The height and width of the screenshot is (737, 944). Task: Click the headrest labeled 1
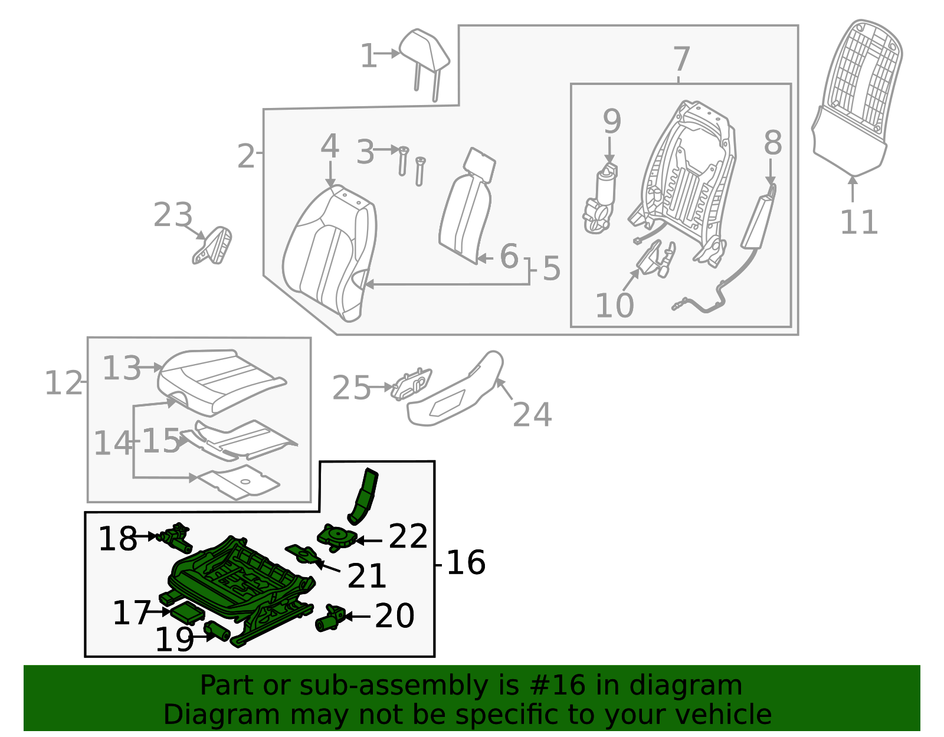pos(424,50)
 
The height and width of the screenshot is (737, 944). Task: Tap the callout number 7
pos(681,60)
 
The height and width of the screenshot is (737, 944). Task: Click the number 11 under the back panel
pos(858,223)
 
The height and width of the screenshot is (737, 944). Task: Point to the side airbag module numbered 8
pos(758,218)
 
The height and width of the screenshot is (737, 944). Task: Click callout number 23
pos(173,215)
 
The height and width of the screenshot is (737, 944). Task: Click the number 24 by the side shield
pos(532,415)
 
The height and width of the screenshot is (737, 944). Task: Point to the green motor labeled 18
pos(174,536)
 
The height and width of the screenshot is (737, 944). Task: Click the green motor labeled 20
pos(330,618)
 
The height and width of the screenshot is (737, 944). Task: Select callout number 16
pos(466,562)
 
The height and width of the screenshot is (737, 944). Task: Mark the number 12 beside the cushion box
pos(64,384)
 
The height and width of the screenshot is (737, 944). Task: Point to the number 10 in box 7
pos(614,306)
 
